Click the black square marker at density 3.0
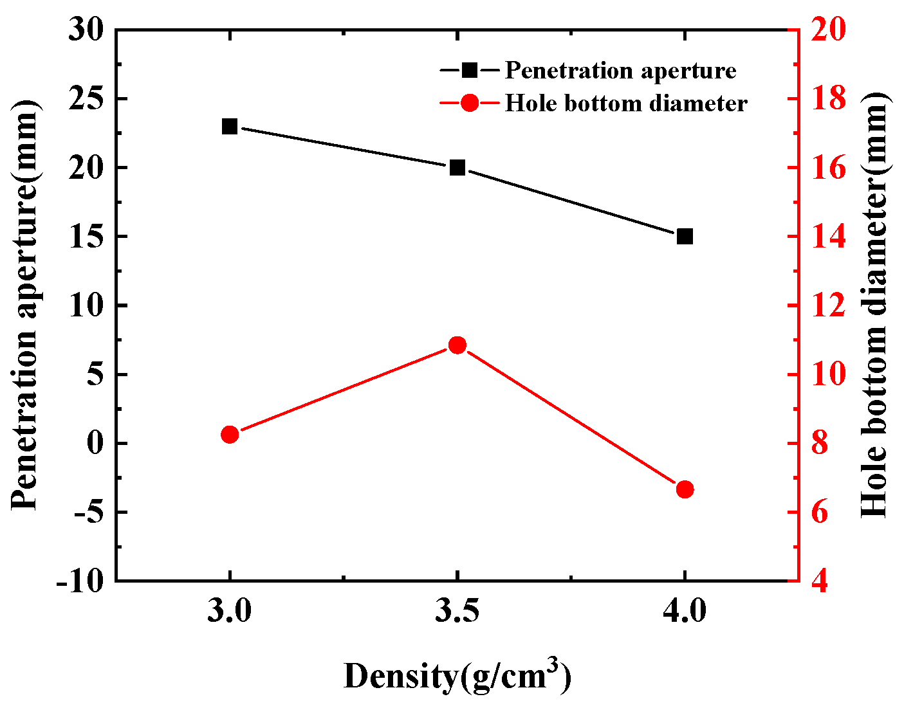click(230, 126)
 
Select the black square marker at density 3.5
click(457, 168)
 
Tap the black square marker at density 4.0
click(685, 237)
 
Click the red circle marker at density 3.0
click(230, 435)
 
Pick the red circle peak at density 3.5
click(457, 345)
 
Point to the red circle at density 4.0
click(685, 489)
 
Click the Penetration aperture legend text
click(620, 70)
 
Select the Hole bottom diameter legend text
click(625, 103)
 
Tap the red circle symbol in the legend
click(470, 103)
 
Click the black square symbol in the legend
click(470, 69)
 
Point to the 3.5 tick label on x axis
click(457, 612)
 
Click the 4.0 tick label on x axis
click(685, 612)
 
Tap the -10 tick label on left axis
click(80, 581)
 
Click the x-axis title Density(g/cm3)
click(457, 676)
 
